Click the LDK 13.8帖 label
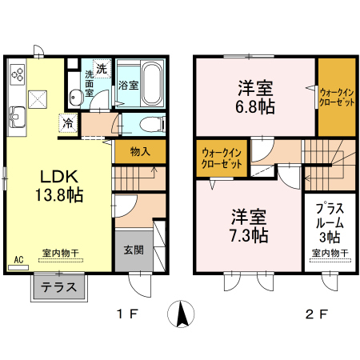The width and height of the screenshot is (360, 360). pos(59,186)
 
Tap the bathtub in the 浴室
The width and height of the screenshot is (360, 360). pos(152,84)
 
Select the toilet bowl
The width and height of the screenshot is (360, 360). pos(151,125)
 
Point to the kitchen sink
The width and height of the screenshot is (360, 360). pos(18,118)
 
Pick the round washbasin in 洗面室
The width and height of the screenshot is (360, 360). pos(76,98)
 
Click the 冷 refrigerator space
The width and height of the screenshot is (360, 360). pos(68,122)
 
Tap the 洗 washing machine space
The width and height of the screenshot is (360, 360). pos(102,69)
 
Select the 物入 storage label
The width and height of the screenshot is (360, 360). pos(140,152)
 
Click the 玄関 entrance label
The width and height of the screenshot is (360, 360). pos(134,250)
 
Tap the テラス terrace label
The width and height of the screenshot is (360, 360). pos(59,287)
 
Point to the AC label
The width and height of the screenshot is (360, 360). pos(18,259)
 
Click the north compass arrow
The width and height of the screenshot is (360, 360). pos(181,314)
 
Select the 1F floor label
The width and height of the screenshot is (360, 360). pos(127,314)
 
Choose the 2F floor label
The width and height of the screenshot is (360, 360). pos(317,314)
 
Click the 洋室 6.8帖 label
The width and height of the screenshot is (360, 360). pos(255,98)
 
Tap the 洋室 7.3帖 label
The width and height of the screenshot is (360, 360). pos(249,226)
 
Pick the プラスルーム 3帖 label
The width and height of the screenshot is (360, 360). pos(330,222)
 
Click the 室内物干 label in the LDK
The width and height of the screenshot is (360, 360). pos(61,253)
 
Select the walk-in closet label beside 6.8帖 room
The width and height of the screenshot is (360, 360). pos(337,98)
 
